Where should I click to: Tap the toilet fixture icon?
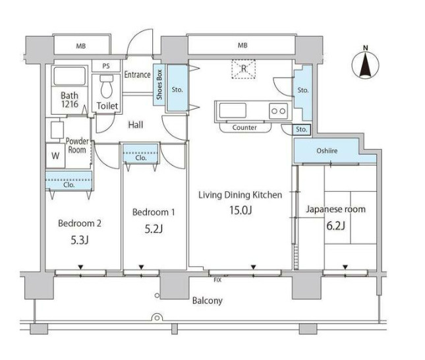tap(106, 86)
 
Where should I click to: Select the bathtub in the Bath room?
tap(70, 76)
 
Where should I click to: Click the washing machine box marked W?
tap(55, 156)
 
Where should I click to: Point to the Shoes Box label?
tap(159, 84)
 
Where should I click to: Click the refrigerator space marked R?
tap(243, 69)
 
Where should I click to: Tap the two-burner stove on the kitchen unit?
tap(278, 111)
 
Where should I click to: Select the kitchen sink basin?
tap(233, 110)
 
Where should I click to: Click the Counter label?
tap(244, 127)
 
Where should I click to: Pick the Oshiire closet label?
tap(327, 150)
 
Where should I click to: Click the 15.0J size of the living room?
tap(241, 210)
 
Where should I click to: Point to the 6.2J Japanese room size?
tap(335, 225)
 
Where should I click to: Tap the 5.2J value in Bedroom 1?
tap(154, 229)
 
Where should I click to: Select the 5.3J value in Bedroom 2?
tap(80, 240)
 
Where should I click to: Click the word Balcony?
tap(208, 301)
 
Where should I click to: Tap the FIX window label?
tap(217, 280)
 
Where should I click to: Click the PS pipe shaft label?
tap(106, 66)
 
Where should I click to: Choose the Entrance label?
tap(137, 75)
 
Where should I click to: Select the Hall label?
tap(136, 125)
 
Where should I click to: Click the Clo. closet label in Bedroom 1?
tap(140, 158)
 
